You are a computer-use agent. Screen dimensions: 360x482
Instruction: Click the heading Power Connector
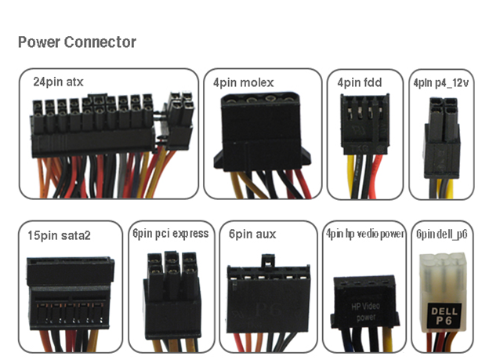pos(77,42)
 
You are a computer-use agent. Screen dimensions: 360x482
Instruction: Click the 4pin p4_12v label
pos(442,81)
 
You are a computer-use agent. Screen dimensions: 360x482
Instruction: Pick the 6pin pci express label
pos(170,233)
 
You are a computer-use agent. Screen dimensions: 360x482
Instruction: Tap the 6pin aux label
pos(252,234)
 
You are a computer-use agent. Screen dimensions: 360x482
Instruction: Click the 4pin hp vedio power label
pos(364,234)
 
